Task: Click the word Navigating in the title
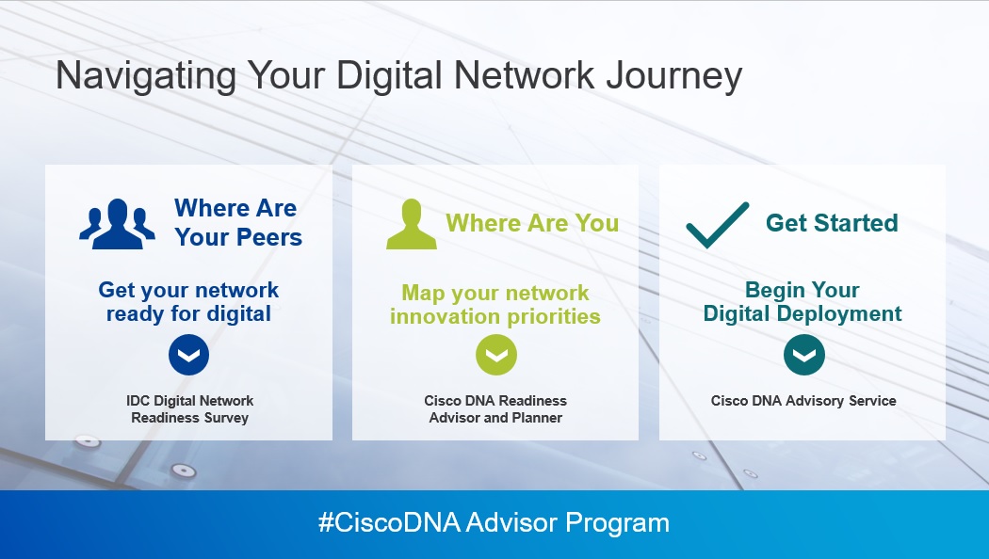coord(146,75)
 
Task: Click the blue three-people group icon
coord(118,224)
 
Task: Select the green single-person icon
coord(412,224)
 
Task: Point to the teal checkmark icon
coord(717,225)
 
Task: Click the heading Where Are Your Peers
coord(237,222)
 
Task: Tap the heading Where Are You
coord(532,223)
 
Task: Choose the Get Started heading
coord(832,223)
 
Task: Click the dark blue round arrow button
coord(188,355)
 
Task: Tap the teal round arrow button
coord(804,355)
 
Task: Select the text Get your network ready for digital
coord(188,302)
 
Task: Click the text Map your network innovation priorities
coord(495,304)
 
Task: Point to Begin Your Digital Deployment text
coord(803,302)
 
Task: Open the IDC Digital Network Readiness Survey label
coord(190,409)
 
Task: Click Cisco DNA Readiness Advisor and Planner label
coord(495,409)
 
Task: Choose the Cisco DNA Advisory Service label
coord(803,401)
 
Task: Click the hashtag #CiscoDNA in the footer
coord(389,522)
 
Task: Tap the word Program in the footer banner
coord(617,523)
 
